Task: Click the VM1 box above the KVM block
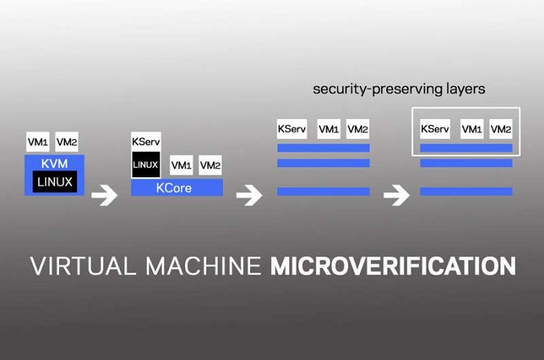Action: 37,142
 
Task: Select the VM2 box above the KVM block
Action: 66,142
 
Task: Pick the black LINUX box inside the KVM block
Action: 54,183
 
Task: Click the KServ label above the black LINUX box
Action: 145,143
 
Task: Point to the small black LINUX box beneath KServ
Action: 145,165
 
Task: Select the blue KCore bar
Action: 176,188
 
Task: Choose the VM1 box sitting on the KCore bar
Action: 182,165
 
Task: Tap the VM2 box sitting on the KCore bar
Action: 210,165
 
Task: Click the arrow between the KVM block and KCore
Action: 104,194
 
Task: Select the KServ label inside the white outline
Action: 434,129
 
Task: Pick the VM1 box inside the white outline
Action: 472,129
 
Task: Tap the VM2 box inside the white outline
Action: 501,129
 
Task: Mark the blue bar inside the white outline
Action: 466,148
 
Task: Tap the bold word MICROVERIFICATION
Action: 392,266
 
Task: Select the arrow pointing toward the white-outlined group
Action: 396,194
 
